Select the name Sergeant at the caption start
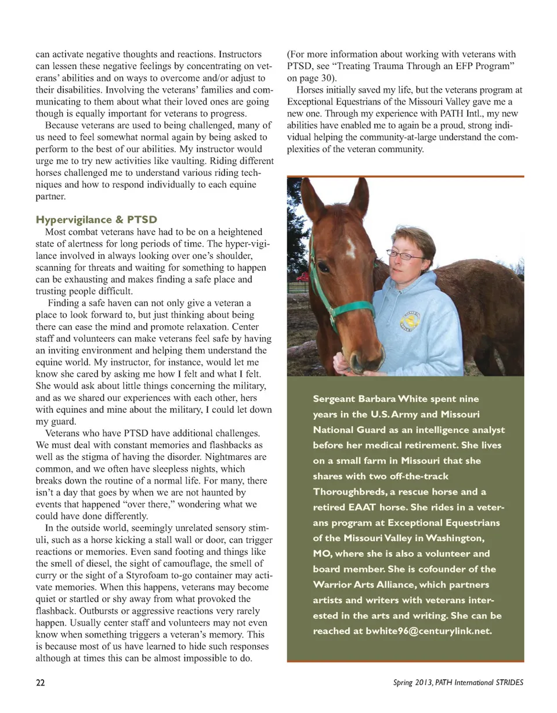334,400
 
